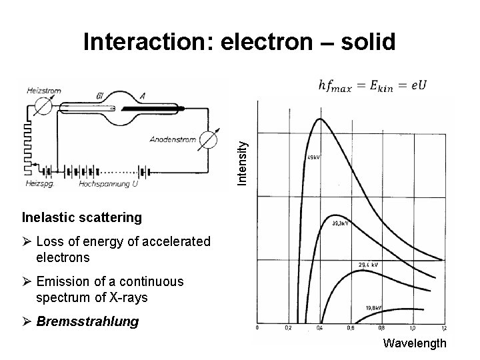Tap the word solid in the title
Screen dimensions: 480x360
tap(365, 43)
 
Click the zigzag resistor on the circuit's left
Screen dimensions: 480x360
tap(27, 140)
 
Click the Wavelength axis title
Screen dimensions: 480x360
tap(415, 344)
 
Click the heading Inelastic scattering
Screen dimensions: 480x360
tap(82, 217)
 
